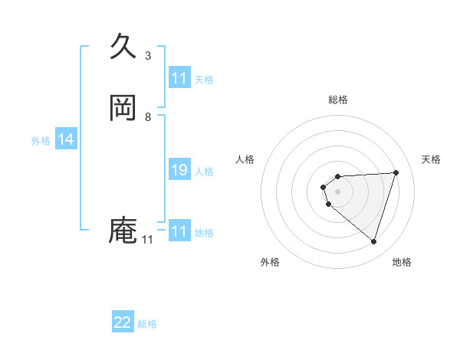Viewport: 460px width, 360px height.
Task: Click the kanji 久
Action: pos(123,47)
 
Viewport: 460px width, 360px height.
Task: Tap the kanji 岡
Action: pos(123,108)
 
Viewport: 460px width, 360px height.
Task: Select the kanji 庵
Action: pos(123,230)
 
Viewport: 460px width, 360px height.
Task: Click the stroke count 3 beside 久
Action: pos(148,56)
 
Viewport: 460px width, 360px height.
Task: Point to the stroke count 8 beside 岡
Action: pos(148,117)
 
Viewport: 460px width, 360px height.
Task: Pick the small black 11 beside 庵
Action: pos(147,240)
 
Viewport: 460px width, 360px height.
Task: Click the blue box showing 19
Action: pos(179,171)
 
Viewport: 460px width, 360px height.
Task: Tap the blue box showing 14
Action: pos(66,140)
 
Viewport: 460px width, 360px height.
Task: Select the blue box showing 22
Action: pos(123,323)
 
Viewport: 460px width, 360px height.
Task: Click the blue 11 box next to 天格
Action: pos(179,79)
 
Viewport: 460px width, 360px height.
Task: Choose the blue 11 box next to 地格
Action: pos(179,232)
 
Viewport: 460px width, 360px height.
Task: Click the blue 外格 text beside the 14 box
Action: pos(41,141)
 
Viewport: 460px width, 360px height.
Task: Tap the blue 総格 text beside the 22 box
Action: pos(147,324)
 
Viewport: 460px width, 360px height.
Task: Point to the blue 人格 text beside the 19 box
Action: pos(204,172)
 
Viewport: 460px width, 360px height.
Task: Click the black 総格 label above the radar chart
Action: pos(338,100)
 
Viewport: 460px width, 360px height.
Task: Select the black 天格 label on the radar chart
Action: pos(432,159)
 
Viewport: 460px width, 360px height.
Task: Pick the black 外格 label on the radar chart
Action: pos(270,262)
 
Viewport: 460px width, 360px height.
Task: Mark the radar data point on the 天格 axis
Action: pos(396,172)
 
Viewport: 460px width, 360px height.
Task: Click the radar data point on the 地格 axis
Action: pos(373,241)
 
